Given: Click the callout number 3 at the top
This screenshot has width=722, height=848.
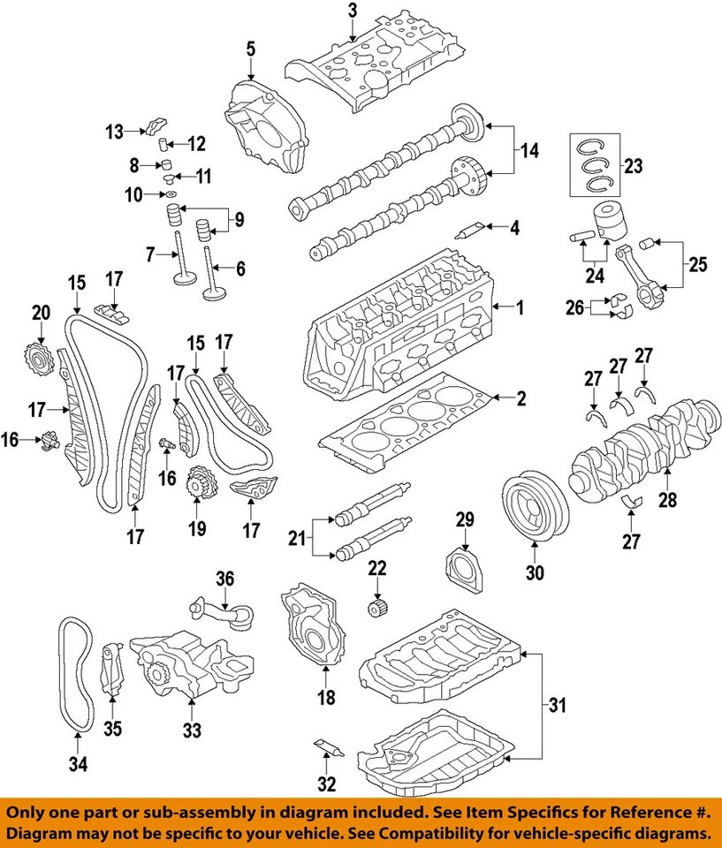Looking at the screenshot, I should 353,11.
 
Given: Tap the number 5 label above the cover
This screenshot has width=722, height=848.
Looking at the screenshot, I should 251,49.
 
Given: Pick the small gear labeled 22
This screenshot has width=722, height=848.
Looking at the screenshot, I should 378,609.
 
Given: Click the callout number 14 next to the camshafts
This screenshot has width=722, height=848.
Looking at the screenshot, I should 528,150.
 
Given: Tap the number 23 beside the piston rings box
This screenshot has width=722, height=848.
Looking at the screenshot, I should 635,164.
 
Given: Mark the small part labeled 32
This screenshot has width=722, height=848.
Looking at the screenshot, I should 328,746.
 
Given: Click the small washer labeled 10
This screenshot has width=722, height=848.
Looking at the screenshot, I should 170,193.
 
